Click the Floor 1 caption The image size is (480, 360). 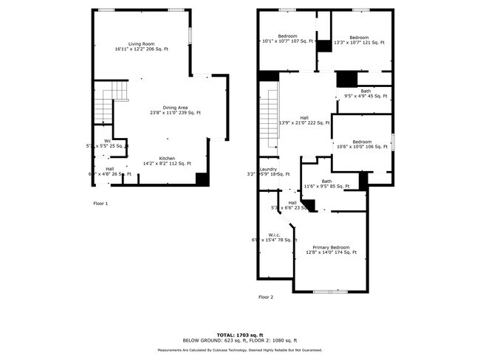(x=100, y=203)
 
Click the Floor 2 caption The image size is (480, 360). (x=266, y=297)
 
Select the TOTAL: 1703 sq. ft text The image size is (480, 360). (x=239, y=334)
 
